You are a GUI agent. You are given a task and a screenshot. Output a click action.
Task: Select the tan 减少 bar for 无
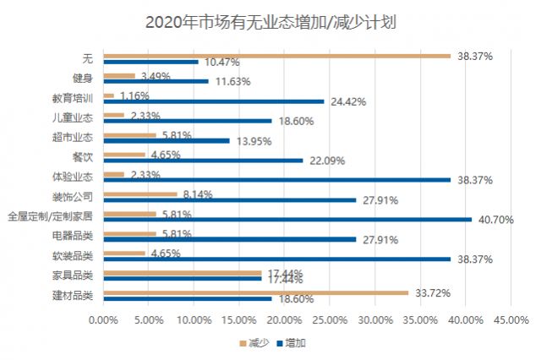(x=276, y=56)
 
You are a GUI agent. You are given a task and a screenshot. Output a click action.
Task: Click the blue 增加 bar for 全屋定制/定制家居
(x=287, y=220)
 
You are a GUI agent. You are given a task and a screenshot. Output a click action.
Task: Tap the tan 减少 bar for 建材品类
(x=255, y=292)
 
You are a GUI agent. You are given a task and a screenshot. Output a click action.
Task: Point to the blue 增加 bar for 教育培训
(x=214, y=101)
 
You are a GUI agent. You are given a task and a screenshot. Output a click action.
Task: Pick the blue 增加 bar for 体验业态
(x=276, y=180)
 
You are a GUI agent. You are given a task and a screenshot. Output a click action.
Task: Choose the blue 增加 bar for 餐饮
(x=203, y=161)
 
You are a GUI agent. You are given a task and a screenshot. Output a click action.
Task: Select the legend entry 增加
(x=295, y=343)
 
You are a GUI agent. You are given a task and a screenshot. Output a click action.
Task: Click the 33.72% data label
(x=434, y=292)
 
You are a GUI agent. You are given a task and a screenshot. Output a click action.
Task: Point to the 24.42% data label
(x=347, y=101)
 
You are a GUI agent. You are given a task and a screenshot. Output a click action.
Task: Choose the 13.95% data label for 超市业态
(x=252, y=141)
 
